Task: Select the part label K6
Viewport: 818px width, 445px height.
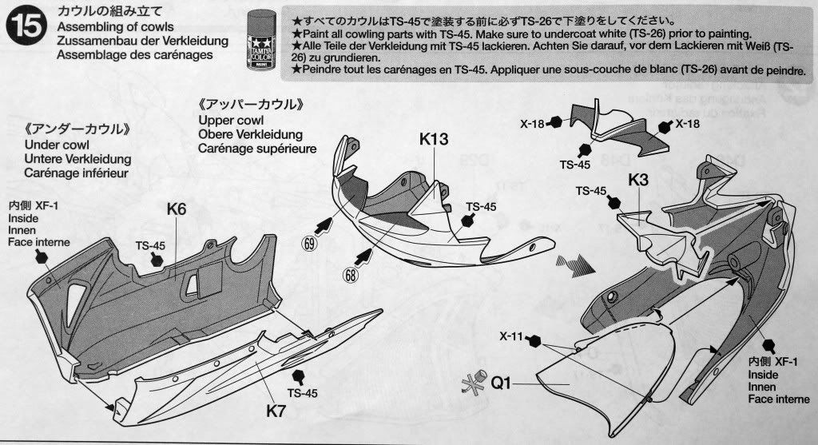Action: coord(177,209)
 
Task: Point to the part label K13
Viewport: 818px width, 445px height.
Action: coord(435,139)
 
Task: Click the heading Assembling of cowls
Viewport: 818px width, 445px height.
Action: coord(116,26)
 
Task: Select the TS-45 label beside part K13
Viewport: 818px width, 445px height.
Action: coord(482,205)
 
